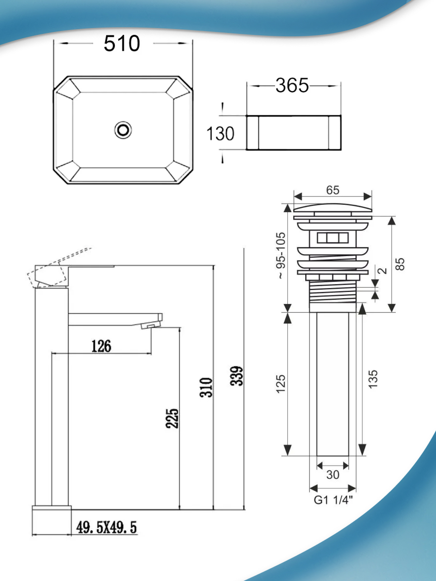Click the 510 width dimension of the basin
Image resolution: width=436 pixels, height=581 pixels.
[122, 44]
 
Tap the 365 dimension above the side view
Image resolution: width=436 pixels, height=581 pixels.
[292, 86]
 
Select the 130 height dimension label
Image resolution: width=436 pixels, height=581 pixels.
[220, 134]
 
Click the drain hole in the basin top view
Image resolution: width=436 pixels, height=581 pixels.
[123, 130]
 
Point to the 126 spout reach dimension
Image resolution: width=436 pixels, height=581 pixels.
[101, 346]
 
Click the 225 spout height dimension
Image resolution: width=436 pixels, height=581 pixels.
[172, 418]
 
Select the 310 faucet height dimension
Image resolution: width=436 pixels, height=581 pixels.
[206, 387]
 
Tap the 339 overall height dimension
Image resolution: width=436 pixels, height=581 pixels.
[236, 376]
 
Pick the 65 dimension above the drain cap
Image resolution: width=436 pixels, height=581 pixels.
[333, 190]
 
